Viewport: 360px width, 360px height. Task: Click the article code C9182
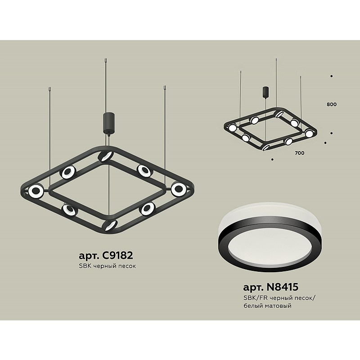(118, 255)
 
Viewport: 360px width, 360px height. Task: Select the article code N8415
(282, 287)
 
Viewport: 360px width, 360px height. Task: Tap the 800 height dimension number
(332, 104)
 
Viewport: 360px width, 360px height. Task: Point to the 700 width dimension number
(300, 153)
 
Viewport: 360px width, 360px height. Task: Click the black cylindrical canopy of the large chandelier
(108, 122)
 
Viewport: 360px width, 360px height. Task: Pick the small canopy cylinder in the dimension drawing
(266, 92)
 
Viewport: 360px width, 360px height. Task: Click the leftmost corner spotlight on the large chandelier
(36, 191)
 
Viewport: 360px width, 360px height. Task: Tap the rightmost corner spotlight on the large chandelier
(178, 189)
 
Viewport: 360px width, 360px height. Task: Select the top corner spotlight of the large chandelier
(105, 156)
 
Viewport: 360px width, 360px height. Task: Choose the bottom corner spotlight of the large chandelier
(110, 225)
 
